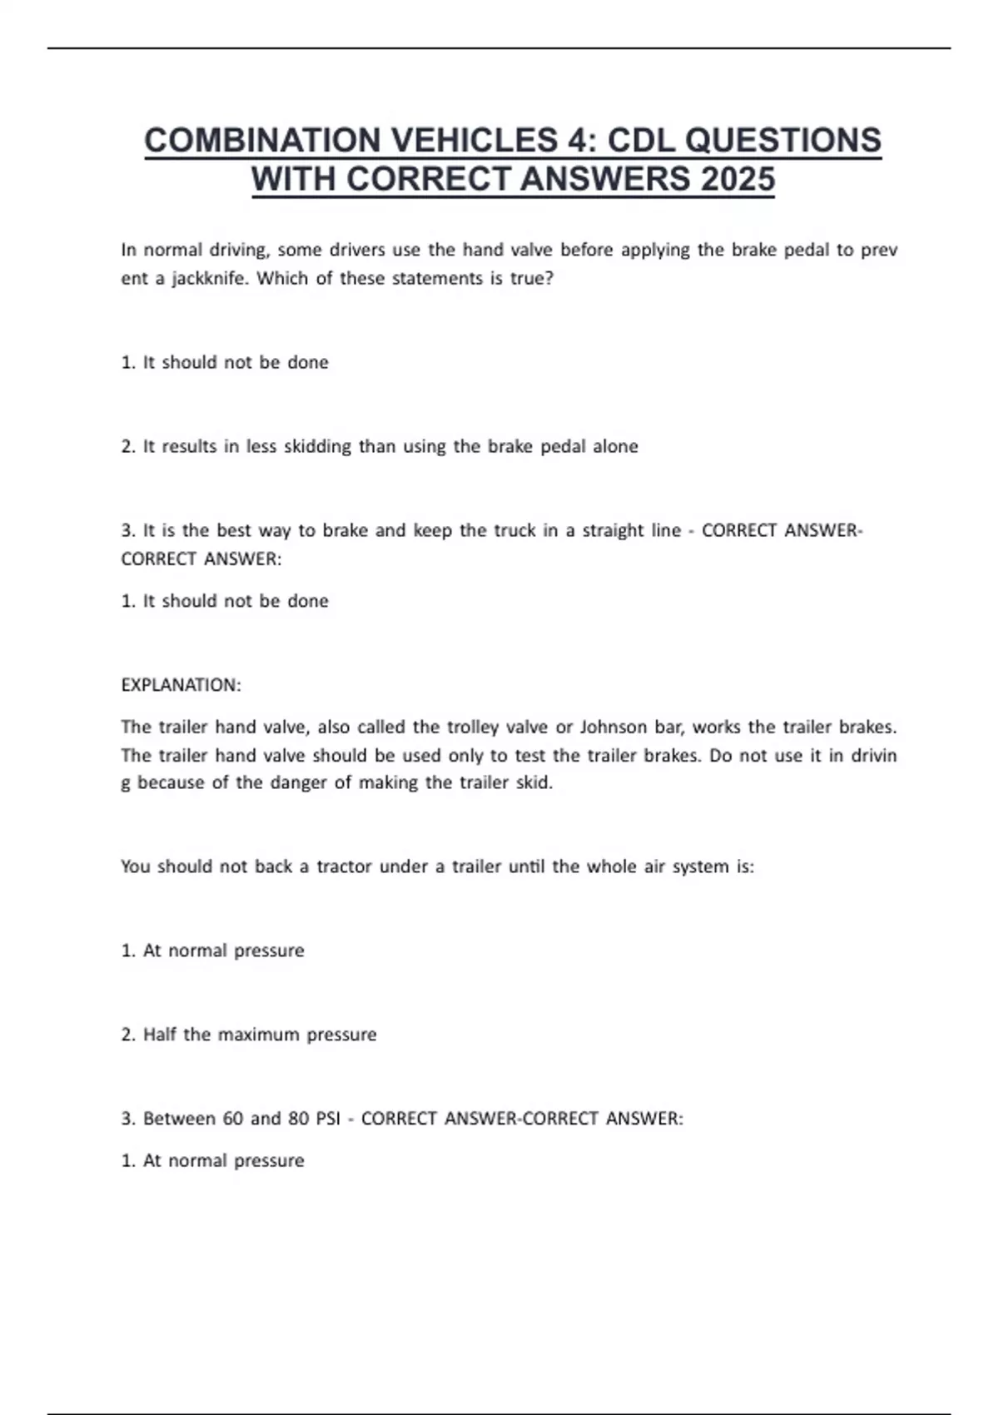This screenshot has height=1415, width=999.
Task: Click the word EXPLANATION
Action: click(181, 685)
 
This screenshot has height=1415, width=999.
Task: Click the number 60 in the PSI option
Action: click(233, 1119)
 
